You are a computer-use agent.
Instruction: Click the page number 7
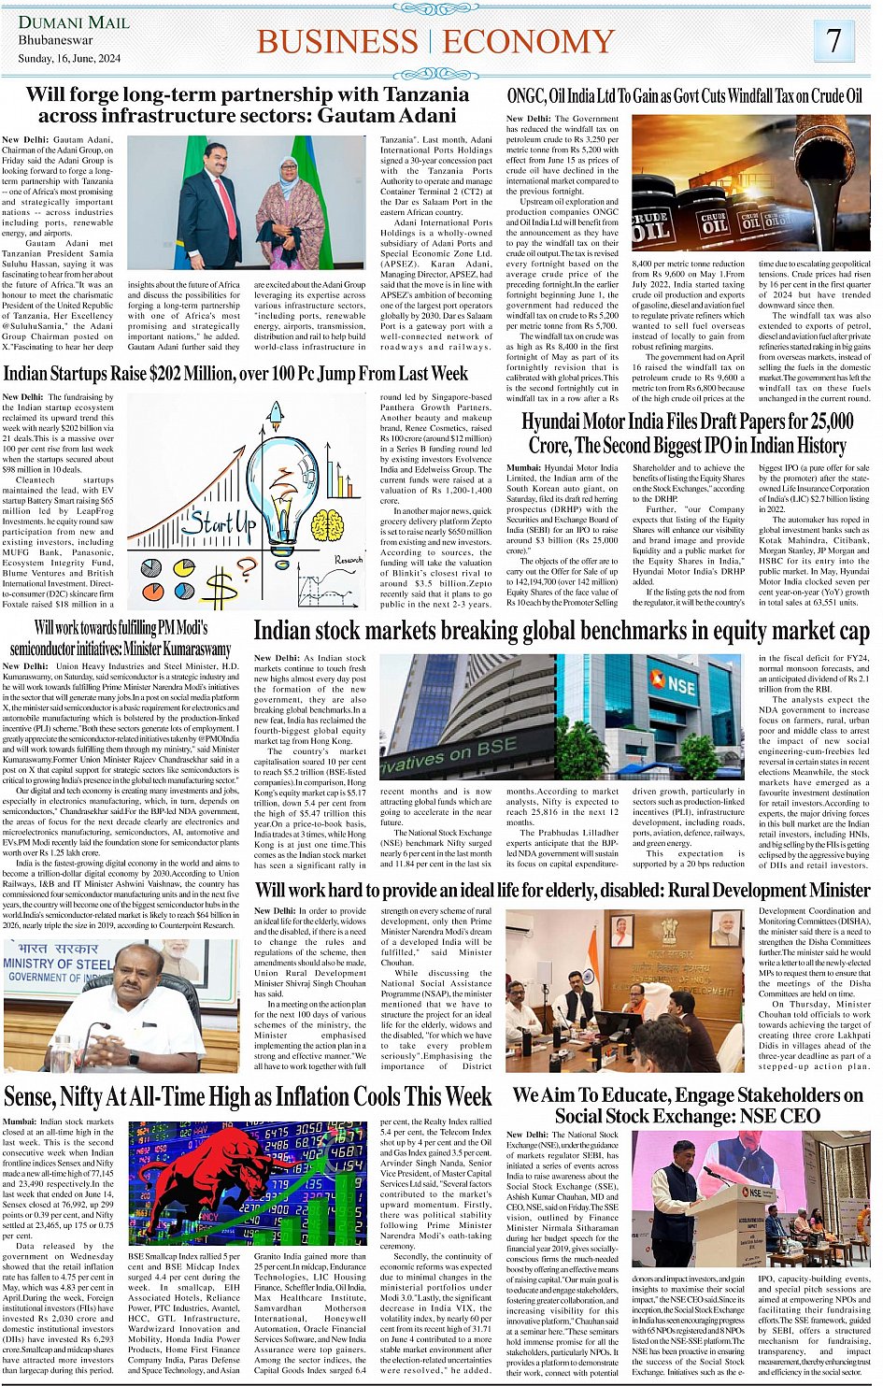click(x=834, y=40)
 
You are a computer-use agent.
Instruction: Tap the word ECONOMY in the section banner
click(x=529, y=41)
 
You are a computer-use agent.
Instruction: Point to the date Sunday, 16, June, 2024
click(x=69, y=58)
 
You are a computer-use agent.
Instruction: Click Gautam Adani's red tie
click(x=225, y=207)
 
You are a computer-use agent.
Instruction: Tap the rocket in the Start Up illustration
click(x=277, y=417)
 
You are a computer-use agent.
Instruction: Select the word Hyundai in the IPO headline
click(x=550, y=422)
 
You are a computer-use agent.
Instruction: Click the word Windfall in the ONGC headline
click(x=751, y=95)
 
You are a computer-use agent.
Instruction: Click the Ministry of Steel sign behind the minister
click(x=56, y=964)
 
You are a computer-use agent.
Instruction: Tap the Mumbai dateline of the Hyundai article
click(x=523, y=467)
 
